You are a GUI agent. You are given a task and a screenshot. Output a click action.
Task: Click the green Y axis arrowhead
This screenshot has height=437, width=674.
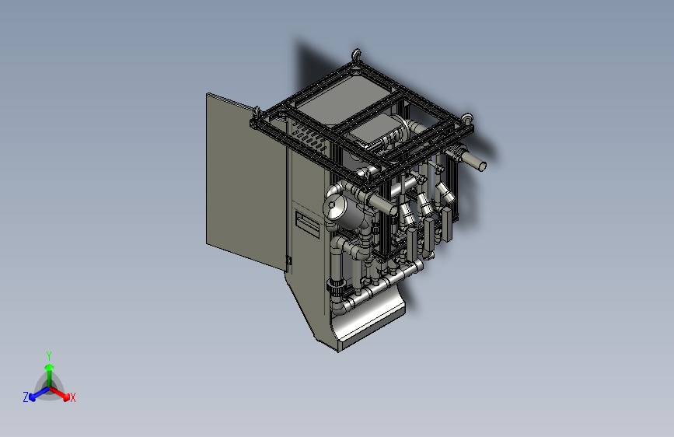point(50,368)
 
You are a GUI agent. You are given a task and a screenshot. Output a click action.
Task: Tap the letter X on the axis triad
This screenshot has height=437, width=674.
point(72,397)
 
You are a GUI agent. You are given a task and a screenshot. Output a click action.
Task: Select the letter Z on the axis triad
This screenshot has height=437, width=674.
point(26,397)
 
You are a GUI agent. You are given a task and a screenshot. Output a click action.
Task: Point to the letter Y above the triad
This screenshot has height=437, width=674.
point(49,356)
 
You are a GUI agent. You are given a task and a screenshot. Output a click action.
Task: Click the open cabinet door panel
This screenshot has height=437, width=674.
point(246,180)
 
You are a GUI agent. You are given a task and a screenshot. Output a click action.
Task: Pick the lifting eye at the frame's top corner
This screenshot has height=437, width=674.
point(356,55)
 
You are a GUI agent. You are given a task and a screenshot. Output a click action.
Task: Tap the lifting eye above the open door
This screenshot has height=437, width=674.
point(257,113)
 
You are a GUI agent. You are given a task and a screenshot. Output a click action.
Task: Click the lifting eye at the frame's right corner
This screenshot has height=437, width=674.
point(467,117)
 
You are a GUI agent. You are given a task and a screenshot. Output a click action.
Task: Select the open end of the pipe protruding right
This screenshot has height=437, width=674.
point(482,166)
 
